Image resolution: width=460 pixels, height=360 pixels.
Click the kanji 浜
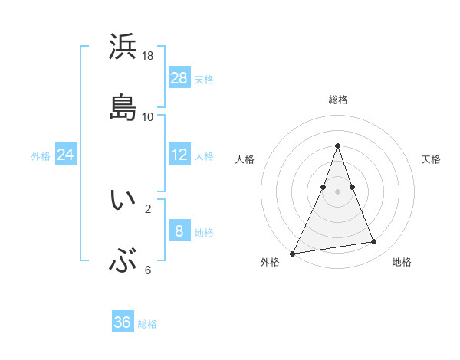point(123,47)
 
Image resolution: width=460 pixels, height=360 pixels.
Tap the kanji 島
point(123,108)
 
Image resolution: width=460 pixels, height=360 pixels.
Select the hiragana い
point(123,200)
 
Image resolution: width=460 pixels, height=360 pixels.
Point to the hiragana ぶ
point(123,263)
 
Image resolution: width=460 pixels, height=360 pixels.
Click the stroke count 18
point(148,56)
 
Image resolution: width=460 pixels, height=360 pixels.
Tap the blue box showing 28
point(179,77)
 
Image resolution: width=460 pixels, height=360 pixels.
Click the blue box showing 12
point(179,154)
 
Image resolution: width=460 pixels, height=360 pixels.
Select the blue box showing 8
point(179,230)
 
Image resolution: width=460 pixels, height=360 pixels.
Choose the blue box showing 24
point(66,154)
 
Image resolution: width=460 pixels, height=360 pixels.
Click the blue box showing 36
point(122,322)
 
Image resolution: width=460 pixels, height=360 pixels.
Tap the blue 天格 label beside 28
point(204,79)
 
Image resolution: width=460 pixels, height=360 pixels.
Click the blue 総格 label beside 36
point(147,324)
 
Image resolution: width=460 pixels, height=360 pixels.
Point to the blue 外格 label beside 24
point(41,155)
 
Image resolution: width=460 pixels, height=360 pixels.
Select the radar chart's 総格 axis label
point(338,100)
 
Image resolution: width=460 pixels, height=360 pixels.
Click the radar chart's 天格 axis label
point(432,159)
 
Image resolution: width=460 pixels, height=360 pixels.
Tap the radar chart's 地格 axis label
point(402,262)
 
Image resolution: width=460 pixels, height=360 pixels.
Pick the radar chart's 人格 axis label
point(245,159)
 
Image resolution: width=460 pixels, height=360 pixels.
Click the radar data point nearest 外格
point(293,254)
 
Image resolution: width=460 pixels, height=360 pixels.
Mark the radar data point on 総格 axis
point(338,146)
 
